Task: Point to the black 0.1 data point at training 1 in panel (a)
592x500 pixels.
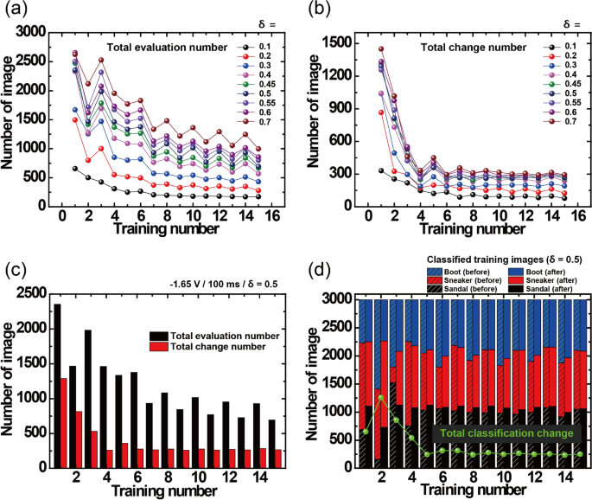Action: (74, 169)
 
